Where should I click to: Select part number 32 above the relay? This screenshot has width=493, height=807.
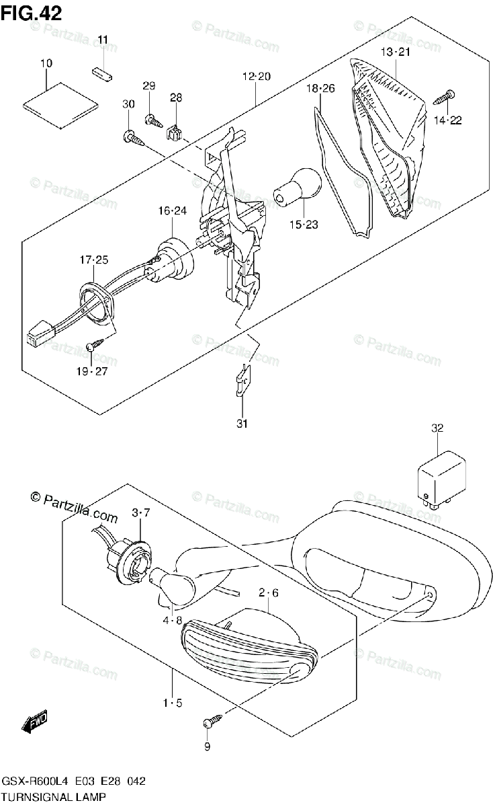tap(437, 428)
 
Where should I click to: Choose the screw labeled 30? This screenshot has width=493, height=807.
tap(132, 138)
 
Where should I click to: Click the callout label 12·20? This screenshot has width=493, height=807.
tap(256, 77)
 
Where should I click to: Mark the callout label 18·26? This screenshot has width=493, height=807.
tap(320, 88)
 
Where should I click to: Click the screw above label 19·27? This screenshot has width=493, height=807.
tap(95, 346)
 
